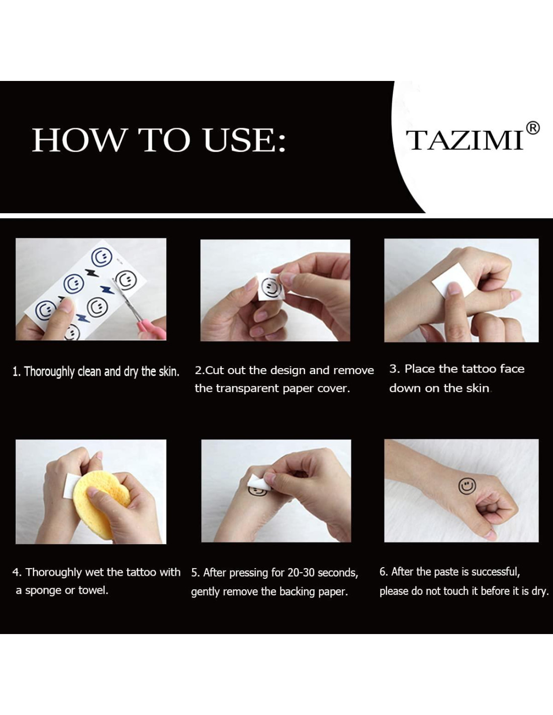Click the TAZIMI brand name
[464, 140]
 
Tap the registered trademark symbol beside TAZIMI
[533, 128]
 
